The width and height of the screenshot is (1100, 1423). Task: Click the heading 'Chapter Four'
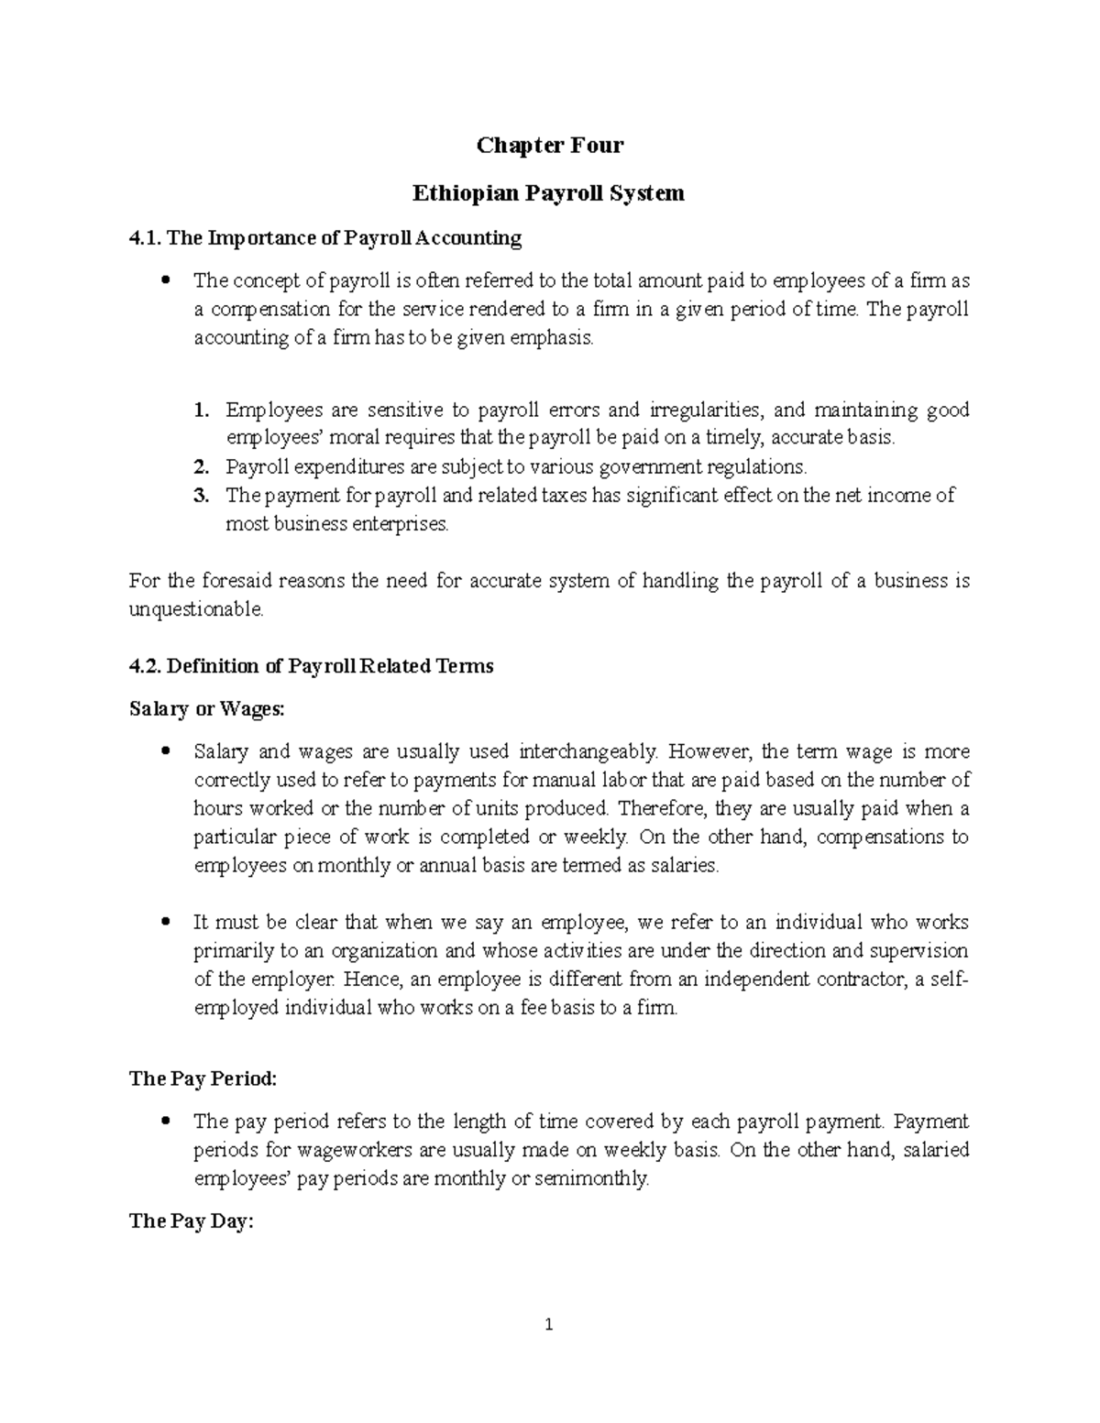(x=549, y=145)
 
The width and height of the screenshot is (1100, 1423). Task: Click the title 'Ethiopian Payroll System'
(x=549, y=193)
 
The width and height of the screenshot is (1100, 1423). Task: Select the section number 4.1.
(x=145, y=238)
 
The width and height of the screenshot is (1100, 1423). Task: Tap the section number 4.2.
(x=145, y=666)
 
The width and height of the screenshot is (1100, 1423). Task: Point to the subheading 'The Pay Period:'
(x=203, y=1078)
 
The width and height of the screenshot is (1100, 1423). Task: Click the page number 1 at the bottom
(x=549, y=1324)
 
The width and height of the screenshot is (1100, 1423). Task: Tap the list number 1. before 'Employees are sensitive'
(x=202, y=410)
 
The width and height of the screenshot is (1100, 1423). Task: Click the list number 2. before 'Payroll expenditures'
(x=202, y=467)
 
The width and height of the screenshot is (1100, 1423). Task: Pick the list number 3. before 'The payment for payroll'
(x=202, y=496)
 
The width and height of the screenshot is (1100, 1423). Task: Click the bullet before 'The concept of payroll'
(x=166, y=280)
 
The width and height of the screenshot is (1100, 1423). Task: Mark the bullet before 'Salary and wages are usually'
(x=166, y=752)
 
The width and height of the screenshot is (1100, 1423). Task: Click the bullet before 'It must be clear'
(x=166, y=923)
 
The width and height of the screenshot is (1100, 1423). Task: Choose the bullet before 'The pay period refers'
(x=166, y=1122)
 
